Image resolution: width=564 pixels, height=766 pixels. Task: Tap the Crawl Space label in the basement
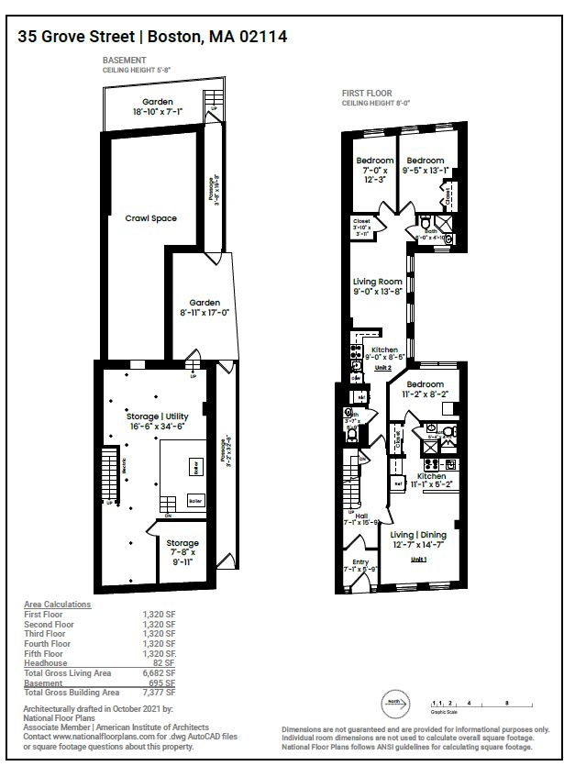coord(150,218)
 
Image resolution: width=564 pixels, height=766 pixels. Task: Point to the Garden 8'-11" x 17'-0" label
coord(205,307)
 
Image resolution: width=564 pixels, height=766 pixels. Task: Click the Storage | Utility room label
coord(157,421)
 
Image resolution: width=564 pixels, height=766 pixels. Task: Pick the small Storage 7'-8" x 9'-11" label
coord(182,553)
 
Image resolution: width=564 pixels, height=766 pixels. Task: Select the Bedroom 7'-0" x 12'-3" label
coord(375,170)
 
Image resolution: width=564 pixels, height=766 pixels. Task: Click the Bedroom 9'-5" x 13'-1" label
coord(426,165)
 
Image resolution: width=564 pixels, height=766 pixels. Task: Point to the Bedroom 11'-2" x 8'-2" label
coord(426,389)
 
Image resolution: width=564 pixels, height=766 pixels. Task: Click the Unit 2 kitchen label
coord(383,352)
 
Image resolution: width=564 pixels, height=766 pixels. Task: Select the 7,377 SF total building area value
coord(158,693)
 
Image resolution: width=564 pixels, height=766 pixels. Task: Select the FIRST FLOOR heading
coord(366,94)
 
